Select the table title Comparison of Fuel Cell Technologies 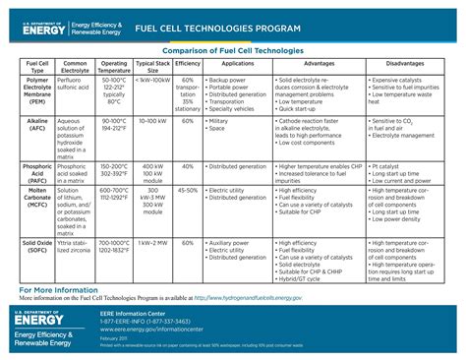tap(232, 50)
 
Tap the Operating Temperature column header tap(114, 67)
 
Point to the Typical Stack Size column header tap(152, 67)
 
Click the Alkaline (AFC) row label tap(29, 124)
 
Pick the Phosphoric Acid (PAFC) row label tap(29, 174)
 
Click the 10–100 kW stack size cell tap(152, 120)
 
